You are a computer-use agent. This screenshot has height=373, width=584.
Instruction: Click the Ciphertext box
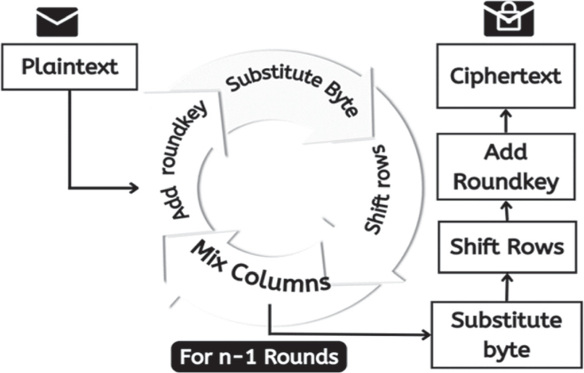505,76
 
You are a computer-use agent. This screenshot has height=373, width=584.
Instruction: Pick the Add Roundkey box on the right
505,167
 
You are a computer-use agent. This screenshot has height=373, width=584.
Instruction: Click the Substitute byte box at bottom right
505,334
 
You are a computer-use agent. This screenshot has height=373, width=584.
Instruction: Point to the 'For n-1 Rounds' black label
259,357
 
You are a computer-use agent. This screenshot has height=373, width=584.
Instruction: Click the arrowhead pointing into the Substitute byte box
426,334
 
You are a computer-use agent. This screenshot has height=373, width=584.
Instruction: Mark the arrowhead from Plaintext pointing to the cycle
134,188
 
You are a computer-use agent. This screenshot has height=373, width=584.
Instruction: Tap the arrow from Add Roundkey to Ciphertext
506,120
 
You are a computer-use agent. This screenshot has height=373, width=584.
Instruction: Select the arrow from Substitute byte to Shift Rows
506,286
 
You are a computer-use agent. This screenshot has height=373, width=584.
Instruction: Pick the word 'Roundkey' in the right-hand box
505,182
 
